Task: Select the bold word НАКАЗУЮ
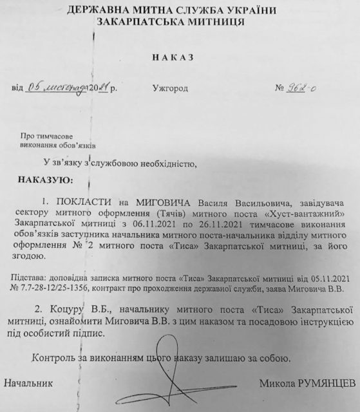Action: tap(46, 176)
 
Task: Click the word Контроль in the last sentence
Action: tap(56, 356)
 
